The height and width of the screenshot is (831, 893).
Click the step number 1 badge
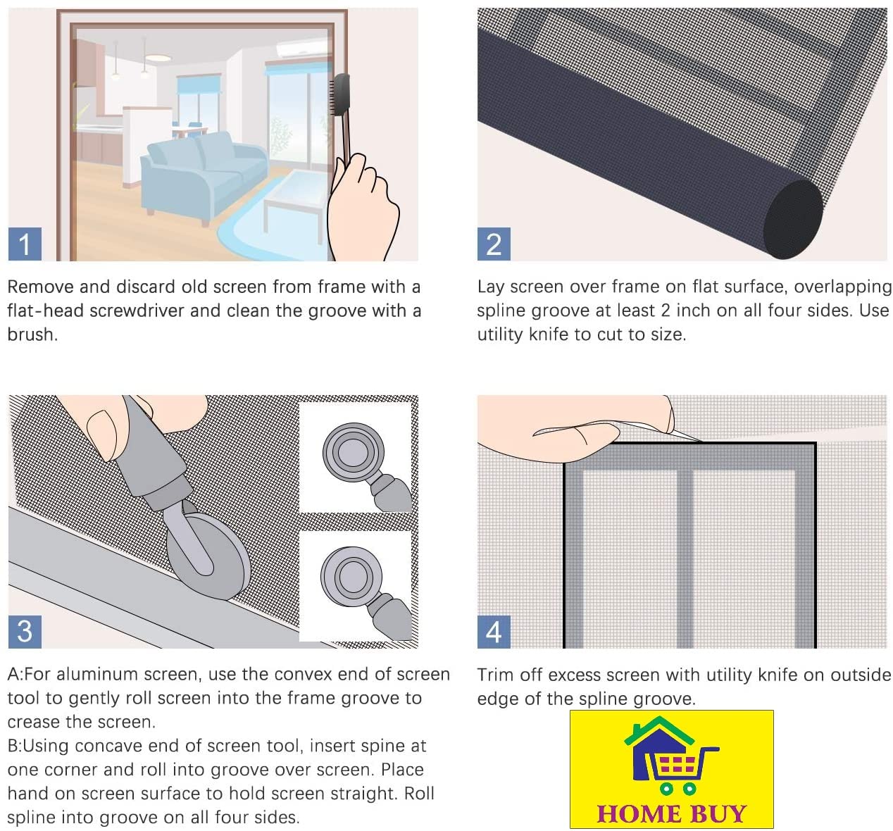point(25,244)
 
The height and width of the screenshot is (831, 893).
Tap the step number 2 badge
point(494,244)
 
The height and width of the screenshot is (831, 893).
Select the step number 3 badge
point(25,632)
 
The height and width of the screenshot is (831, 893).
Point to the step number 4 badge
point(494,632)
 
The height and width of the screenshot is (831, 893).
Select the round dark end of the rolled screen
point(794,219)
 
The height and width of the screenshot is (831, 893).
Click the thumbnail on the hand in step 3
point(101,435)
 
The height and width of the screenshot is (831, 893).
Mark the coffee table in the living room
point(295,202)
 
